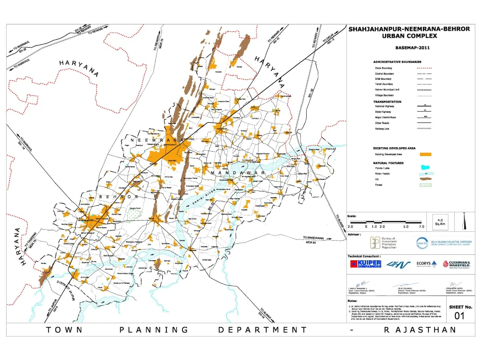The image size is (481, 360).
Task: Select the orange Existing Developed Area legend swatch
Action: tap(425, 154)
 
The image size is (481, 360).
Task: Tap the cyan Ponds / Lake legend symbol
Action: tap(425, 167)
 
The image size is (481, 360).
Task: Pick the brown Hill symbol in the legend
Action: tap(425, 179)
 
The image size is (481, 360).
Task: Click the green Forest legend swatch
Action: tap(425, 185)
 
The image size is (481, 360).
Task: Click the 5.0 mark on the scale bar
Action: tap(406, 227)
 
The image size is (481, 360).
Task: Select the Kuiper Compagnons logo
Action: tap(366, 264)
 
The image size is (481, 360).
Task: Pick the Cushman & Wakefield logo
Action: tap(456, 264)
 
